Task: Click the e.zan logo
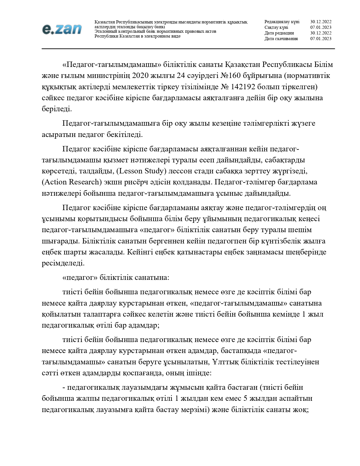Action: tap(62, 29)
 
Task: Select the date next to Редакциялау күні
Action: tap(321, 22)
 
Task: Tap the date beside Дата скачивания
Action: tap(321, 39)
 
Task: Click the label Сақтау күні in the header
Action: tap(276, 27)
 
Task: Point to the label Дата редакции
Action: tap(279, 33)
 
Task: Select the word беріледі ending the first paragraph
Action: tap(57, 109)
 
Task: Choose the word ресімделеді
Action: tap(63, 263)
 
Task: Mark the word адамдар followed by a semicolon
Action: tap(144, 325)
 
